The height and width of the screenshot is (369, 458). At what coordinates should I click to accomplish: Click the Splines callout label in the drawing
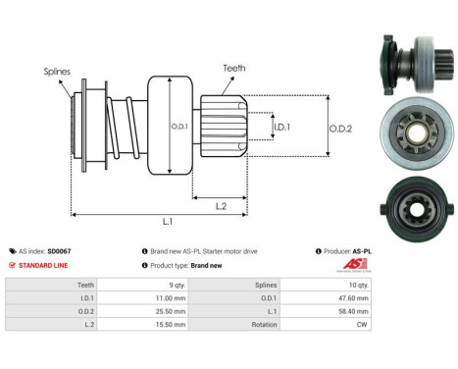point(57,72)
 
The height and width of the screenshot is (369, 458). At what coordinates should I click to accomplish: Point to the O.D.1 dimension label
point(180,127)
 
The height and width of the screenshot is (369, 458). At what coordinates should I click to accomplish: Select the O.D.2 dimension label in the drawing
point(340,127)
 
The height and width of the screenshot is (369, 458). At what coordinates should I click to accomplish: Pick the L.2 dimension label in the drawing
point(223,204)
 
